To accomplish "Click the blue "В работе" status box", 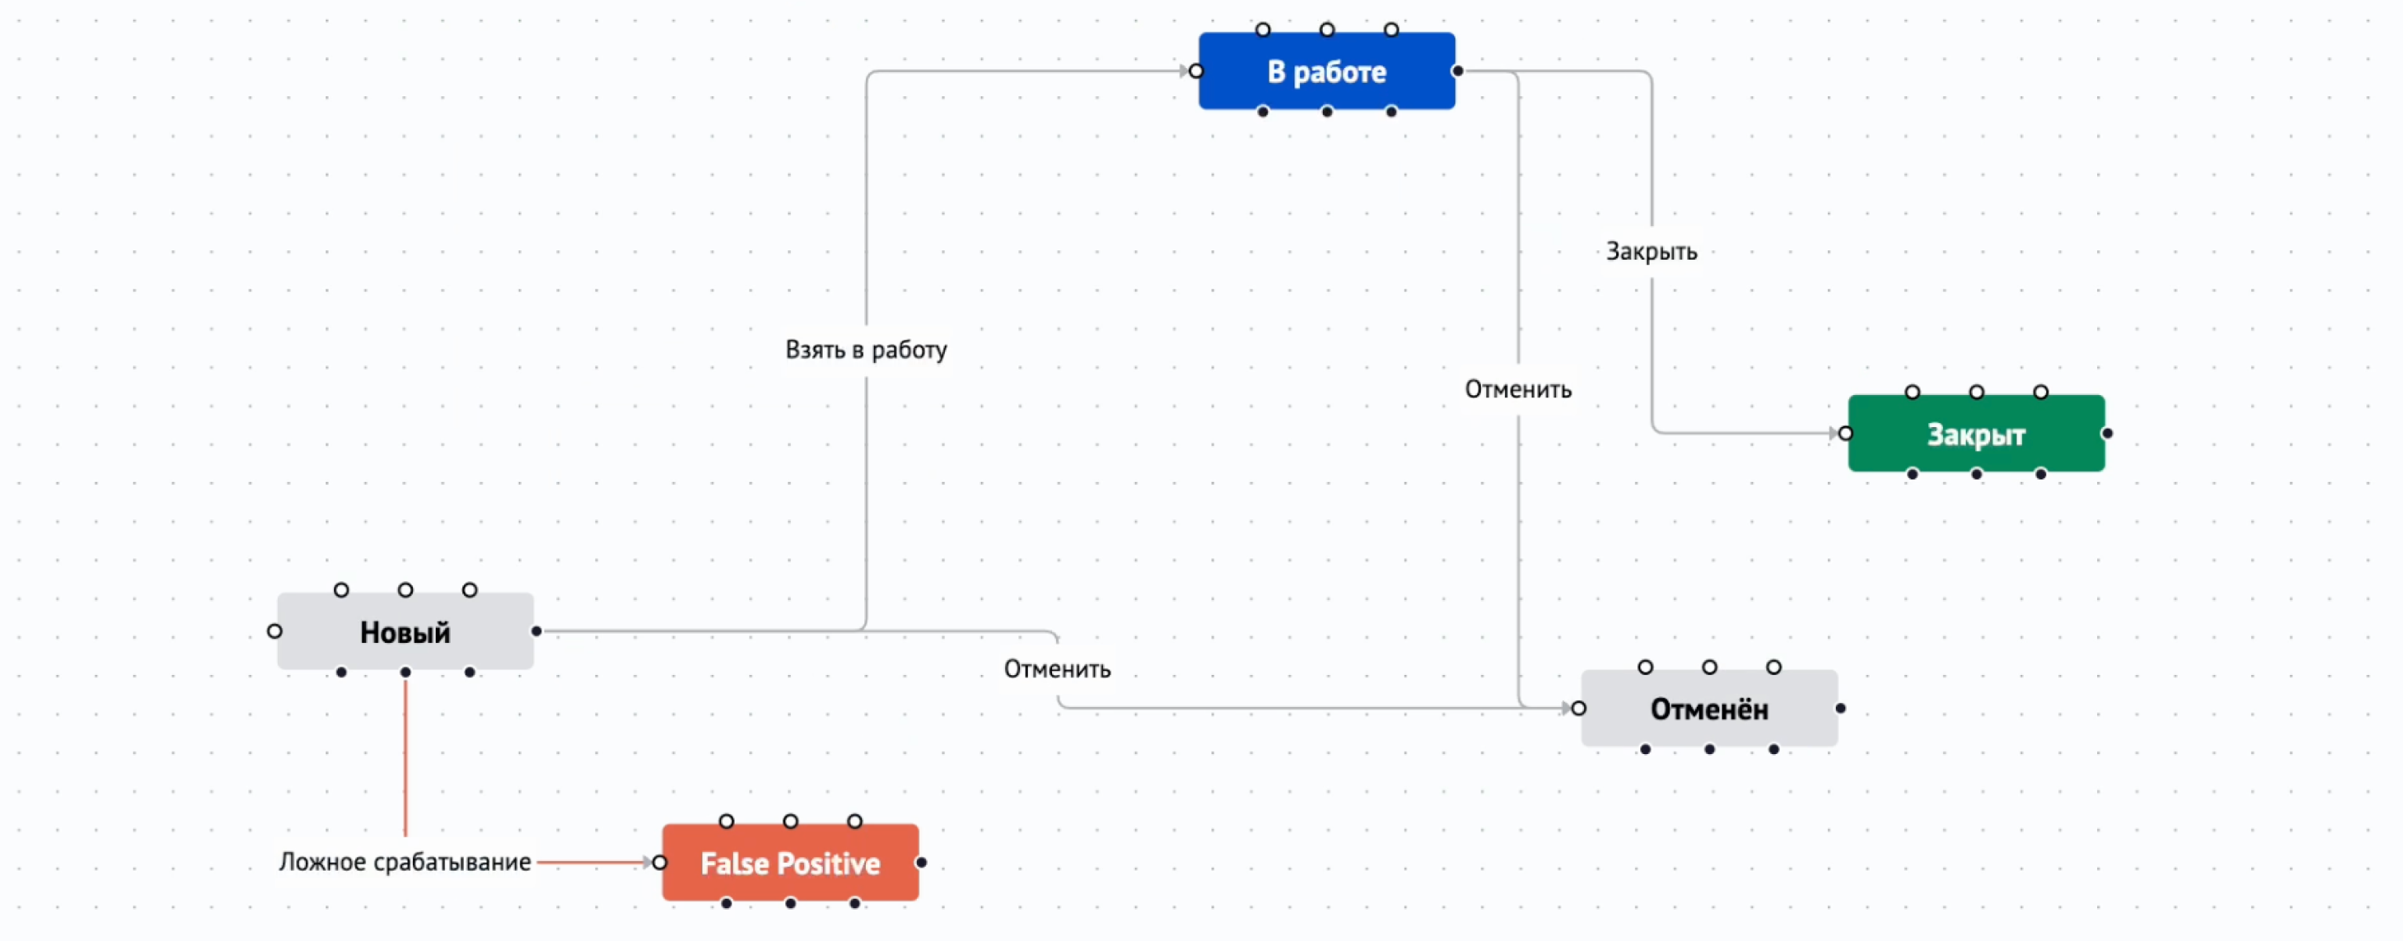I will pos(1326,71).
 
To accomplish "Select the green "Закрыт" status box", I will pos(1976,433).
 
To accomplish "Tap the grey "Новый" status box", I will pos(405,631).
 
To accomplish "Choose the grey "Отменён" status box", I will pos(1708,709).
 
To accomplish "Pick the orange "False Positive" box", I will pos(789,863).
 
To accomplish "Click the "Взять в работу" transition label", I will pos(866,350).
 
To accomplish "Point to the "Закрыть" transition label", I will pos(1650,251).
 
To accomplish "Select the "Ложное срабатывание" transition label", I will pos(405,862).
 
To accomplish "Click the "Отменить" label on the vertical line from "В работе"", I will pos(1518,389).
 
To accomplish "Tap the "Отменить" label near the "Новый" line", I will pos(1057,669).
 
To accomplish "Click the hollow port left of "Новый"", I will pos(275,631).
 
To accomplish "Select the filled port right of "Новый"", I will pos(537,631).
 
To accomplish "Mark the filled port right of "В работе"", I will pos(1457,71).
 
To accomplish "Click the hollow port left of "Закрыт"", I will pos(1845,433).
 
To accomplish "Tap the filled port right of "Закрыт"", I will pos(2107,433).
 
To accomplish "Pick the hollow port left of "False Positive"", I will pos(659,863).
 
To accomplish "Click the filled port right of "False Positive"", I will pos(921,863).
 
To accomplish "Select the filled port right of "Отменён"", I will pos(1841,709).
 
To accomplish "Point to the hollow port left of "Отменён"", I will pos(1579,709).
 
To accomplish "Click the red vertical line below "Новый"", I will pos(405,756).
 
